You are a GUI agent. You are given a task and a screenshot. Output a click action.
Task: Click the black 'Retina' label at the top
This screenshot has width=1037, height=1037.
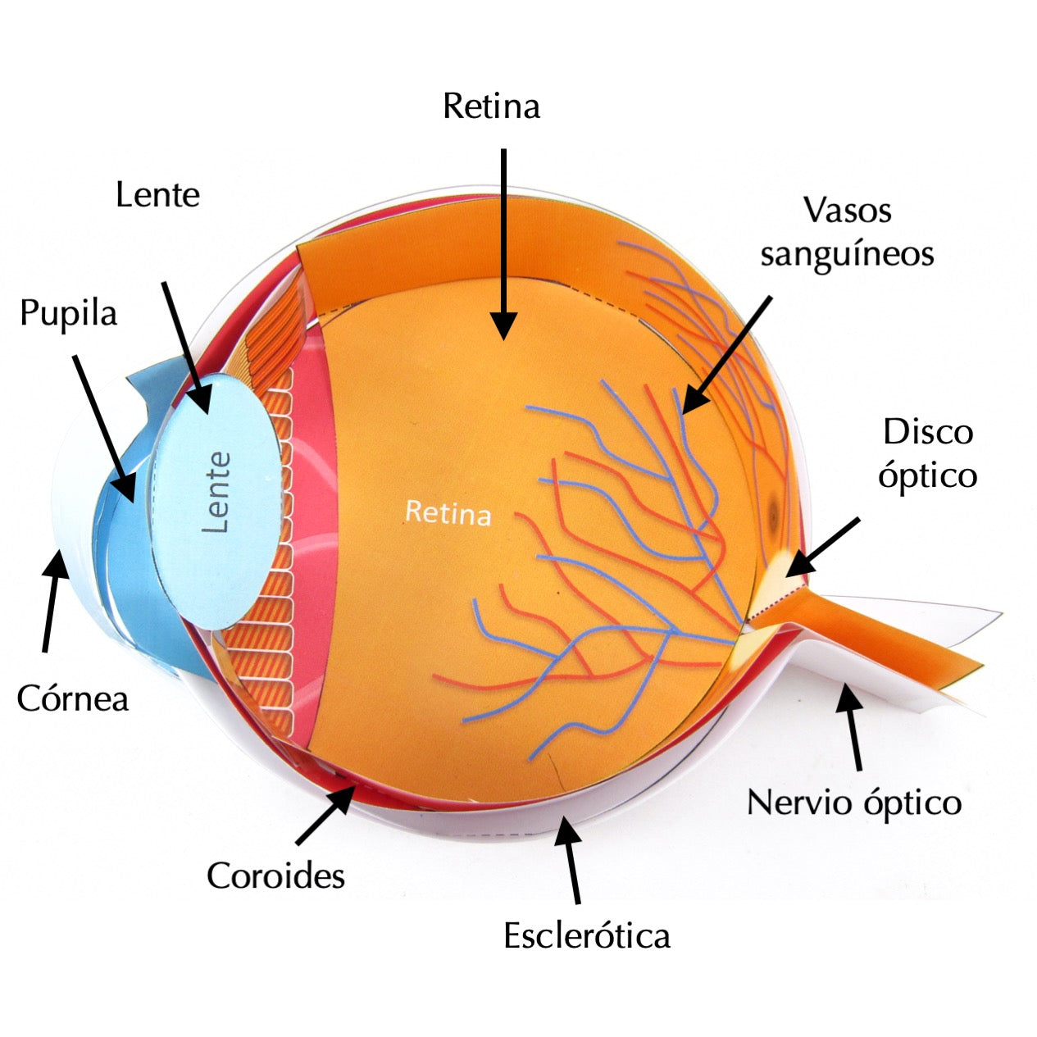491,107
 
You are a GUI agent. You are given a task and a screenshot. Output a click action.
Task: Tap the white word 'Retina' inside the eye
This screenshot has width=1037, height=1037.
448,512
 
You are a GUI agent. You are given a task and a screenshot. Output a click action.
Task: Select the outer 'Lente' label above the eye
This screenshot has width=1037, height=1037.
157,195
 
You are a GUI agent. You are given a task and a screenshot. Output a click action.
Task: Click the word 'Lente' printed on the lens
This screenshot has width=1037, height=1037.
217,492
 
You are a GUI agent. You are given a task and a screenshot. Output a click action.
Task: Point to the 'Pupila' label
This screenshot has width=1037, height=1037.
69,314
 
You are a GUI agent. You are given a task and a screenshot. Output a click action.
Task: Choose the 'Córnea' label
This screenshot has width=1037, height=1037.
73,699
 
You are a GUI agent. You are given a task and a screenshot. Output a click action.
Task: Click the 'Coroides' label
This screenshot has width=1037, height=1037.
275,876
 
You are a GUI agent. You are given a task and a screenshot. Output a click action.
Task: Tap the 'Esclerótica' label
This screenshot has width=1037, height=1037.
587,935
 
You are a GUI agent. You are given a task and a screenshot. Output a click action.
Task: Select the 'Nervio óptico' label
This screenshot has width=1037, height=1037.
854,802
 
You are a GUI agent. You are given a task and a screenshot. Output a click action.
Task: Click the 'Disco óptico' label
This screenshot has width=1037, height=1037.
928,453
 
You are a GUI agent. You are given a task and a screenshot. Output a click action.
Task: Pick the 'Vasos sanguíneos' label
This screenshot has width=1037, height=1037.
847,232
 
